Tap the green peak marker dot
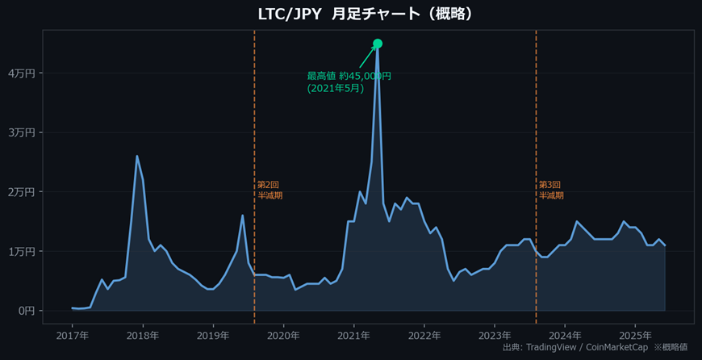click(x=378, y=44)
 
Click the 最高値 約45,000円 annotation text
click(x=349, y=82)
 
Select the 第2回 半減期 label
click(x=270, y=190)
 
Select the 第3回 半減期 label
click(x=551, y=190)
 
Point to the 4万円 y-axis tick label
click(x=21, y=73)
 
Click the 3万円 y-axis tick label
click(x=21, y=132)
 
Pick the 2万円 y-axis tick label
click(x=21, y=192)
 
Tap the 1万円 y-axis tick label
click(x=21, y=251)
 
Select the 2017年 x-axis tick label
click(x=73, y=335)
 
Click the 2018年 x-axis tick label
click(x=143, y=335)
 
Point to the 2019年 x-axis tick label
click(x=213, y=335)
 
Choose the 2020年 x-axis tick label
click(x=283, y=335)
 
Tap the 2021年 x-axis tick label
click(x=353, y=335)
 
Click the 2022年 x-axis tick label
click(x=424, y=335)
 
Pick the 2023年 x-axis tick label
click(x=495, y=335)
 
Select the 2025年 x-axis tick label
click(x=635, y=335)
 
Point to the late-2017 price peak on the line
click(x=137, y=156)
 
